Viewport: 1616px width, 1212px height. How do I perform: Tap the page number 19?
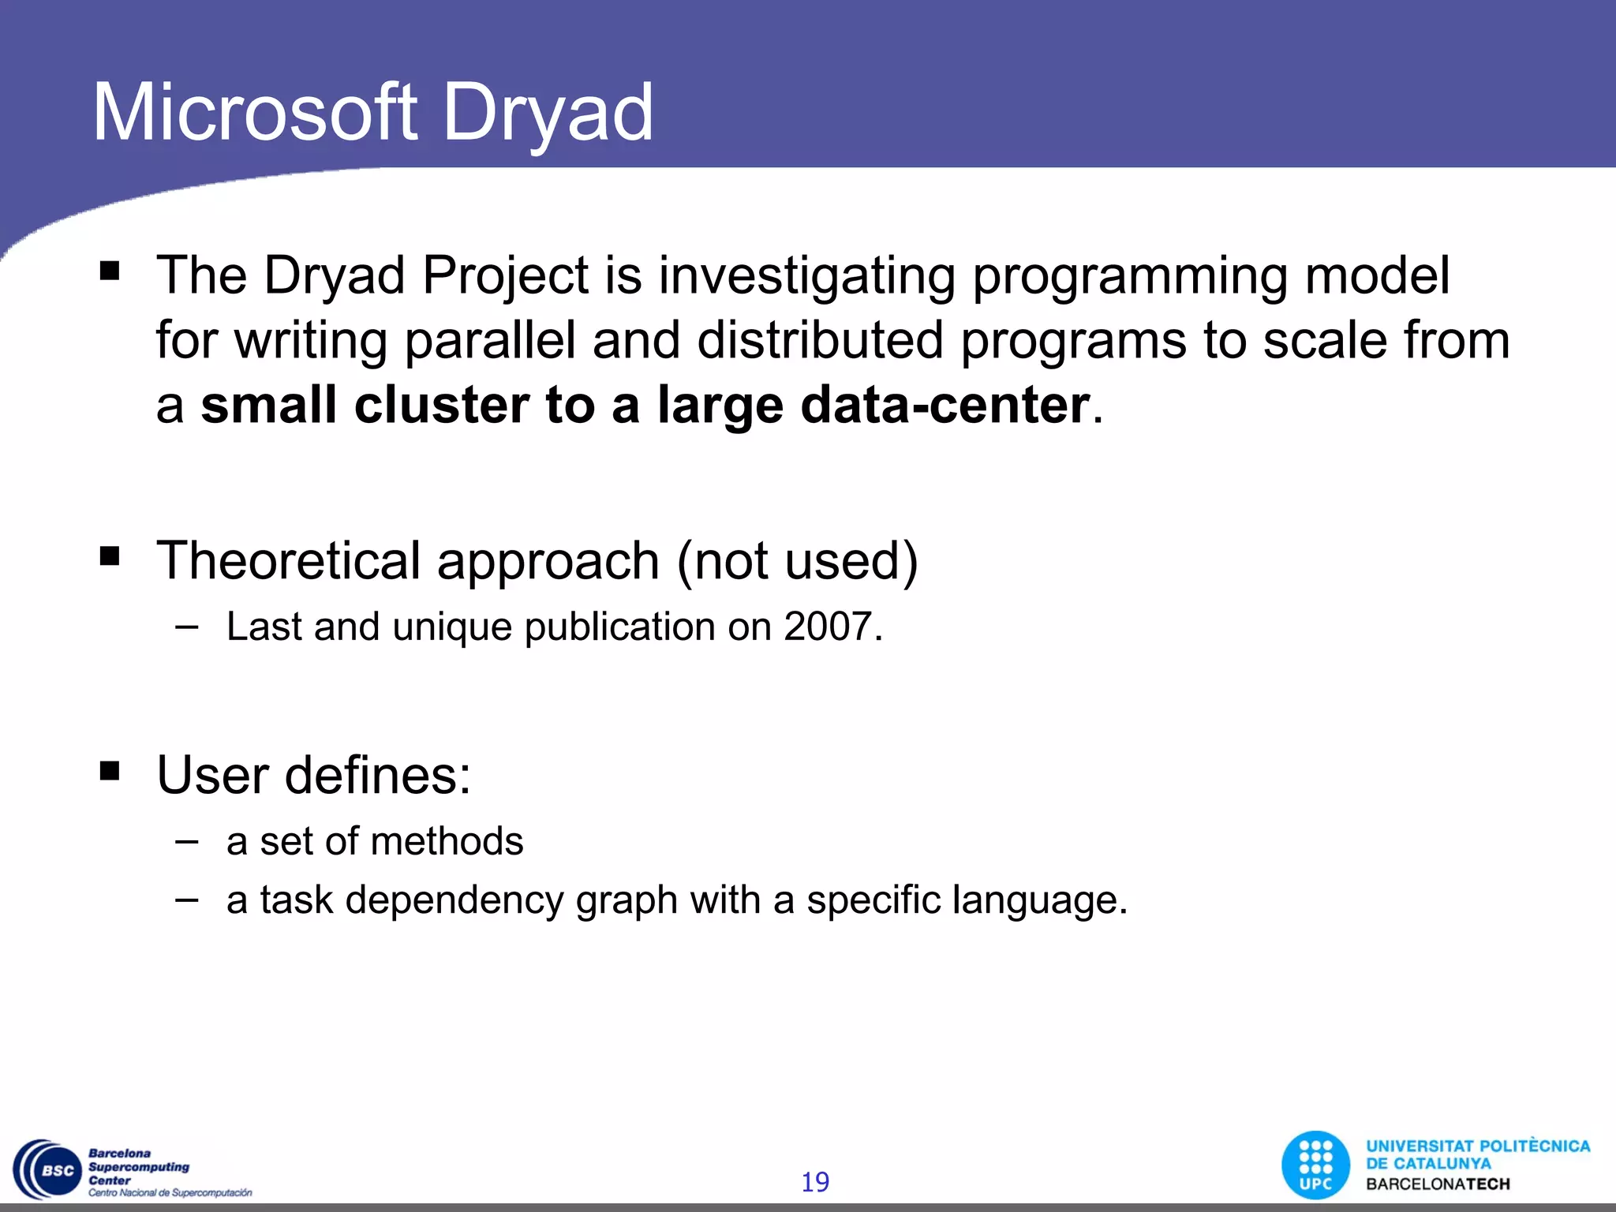pos(815,1182)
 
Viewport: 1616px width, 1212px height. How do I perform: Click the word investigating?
pos(806,276)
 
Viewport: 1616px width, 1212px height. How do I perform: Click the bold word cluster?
pos(442,406)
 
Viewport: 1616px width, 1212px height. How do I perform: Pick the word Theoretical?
pos(288,561)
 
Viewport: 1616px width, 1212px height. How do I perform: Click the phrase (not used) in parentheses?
pos(797,561)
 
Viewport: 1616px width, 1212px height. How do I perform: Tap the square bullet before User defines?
pos(110,770)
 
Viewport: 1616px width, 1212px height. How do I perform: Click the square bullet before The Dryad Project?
pos(110,271)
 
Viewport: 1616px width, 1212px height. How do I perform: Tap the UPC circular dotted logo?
pos(1315,1165)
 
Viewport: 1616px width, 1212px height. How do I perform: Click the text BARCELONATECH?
pos(1438,1184)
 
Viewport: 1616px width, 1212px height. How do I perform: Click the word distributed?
pos(821,341)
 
